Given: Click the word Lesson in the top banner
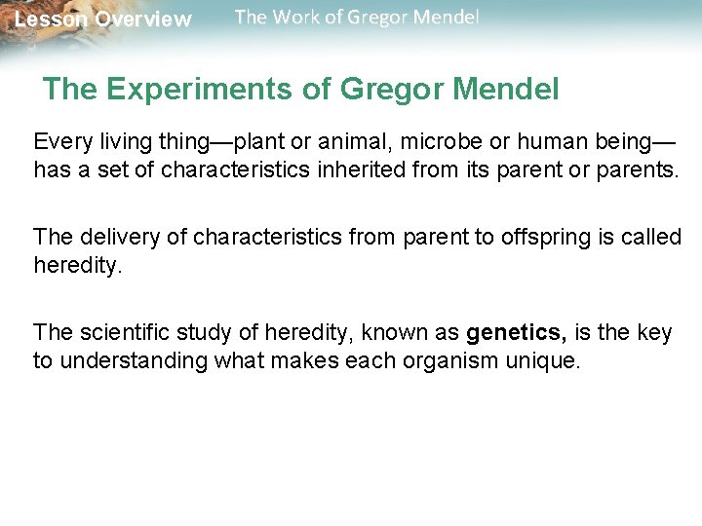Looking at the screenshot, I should pyautogui.click(x=51, y=19).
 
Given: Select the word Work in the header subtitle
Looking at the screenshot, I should pyautogui.click(x=294, y=18).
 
